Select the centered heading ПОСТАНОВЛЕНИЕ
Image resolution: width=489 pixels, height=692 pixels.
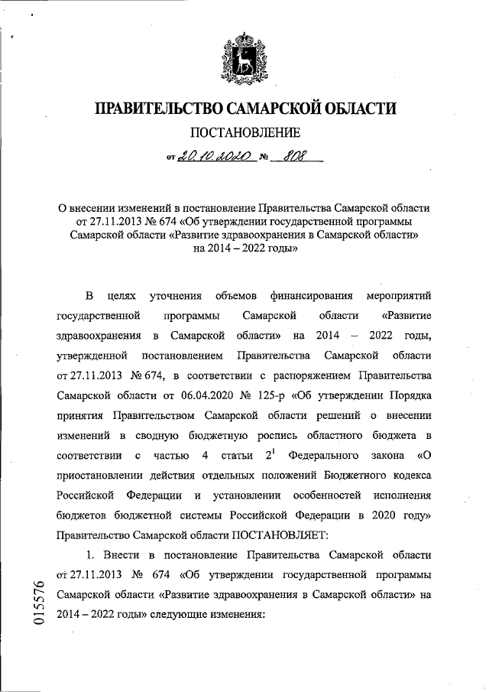tap(244, 135)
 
